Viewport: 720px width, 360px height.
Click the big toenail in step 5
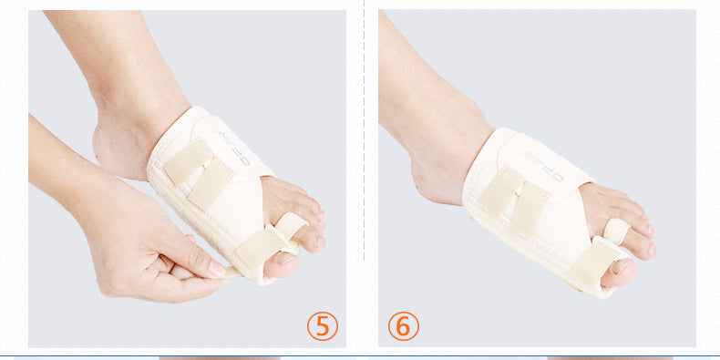282,263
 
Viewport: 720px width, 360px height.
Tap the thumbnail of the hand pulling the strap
213,269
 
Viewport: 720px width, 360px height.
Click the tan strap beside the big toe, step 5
257,247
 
